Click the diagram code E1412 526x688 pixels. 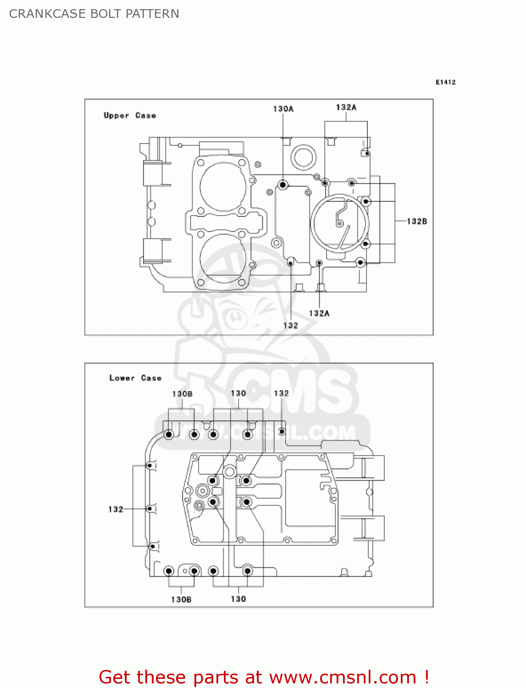[445, 82]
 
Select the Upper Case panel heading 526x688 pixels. [130, 116]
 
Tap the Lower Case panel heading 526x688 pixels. [135, 378]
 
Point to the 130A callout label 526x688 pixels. [283, 109]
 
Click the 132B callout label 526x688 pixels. [417, 221]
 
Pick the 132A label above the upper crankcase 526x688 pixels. [346, 107]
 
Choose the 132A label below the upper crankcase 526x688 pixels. [319, 313]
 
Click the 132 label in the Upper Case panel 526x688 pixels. [291, 326]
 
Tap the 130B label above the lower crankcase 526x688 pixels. [182, 394]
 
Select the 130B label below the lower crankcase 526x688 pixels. [181, 599]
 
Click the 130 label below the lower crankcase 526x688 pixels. [238, 599]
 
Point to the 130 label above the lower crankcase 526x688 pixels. [238, 394]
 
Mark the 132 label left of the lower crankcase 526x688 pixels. [116, 509]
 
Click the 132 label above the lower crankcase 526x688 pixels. [281, 394]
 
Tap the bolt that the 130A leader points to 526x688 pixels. [283, 185]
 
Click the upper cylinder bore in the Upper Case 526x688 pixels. [223, 187]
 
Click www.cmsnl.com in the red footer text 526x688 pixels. [342, 677]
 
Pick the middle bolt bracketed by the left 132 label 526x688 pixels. [149, 509]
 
